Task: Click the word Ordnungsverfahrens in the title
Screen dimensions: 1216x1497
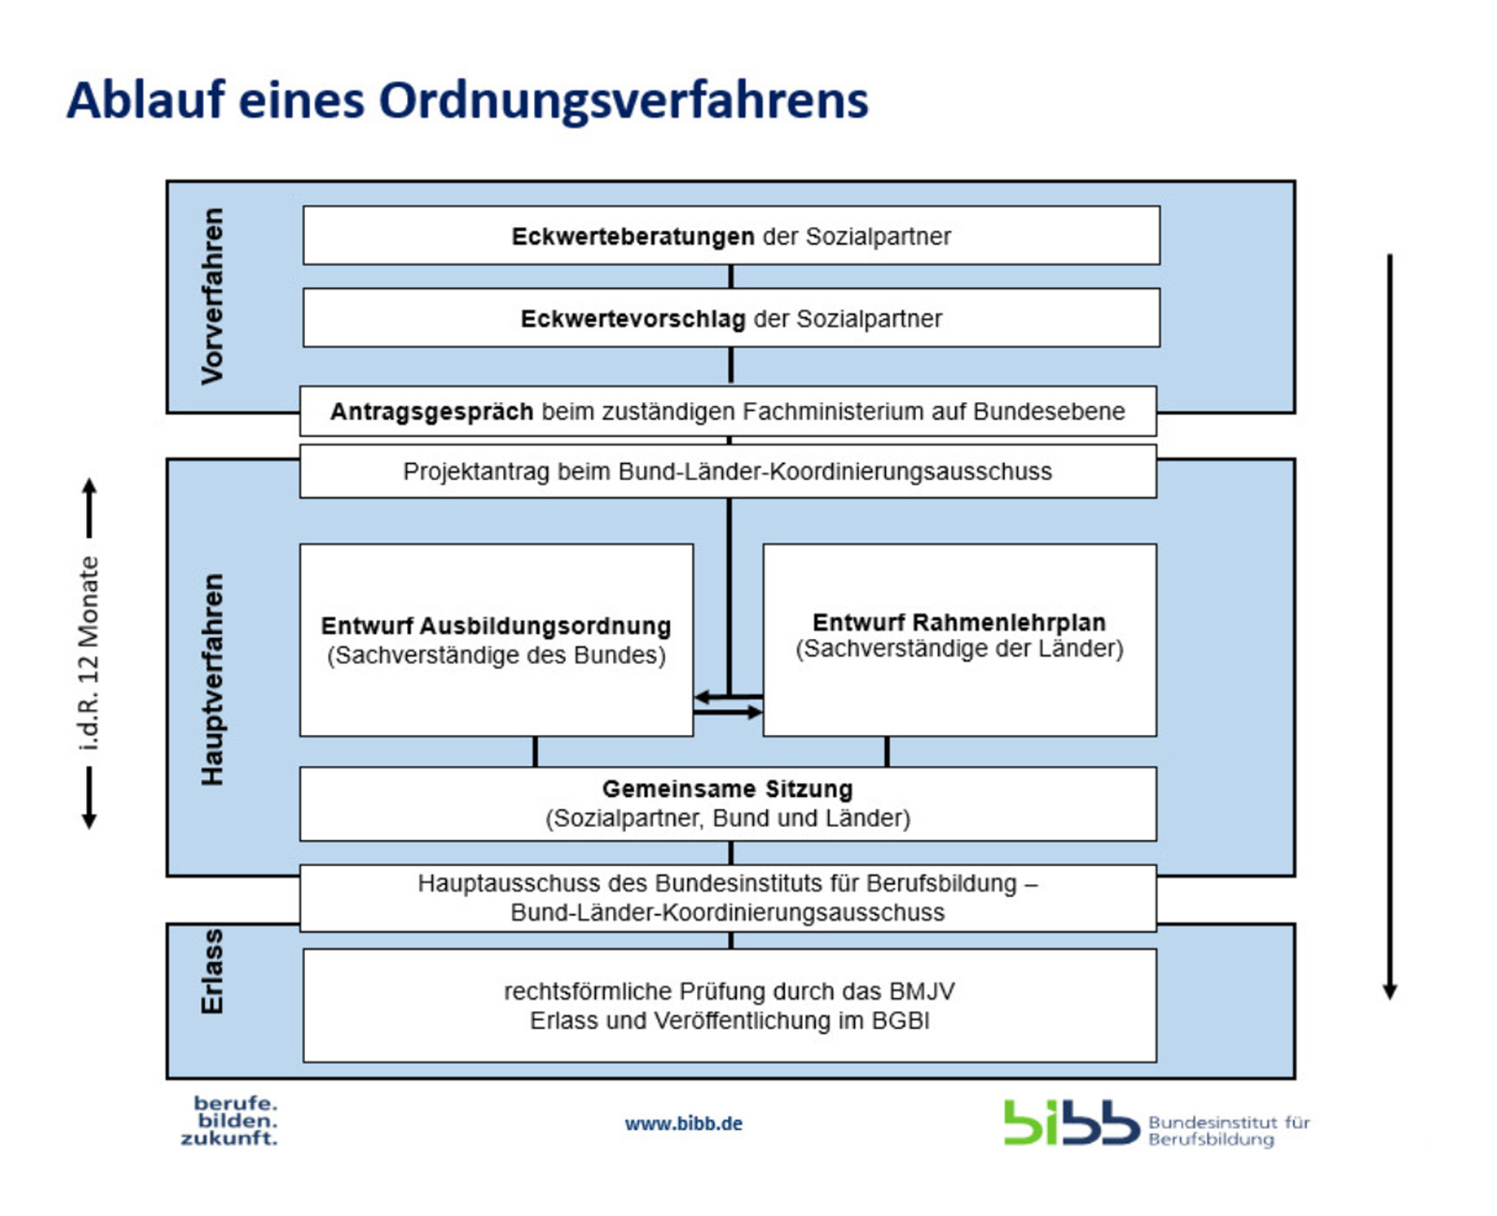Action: tap(623, 101)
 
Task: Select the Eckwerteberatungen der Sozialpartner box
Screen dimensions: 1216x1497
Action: tap(731, 236)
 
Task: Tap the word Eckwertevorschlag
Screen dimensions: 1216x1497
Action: tap(632, 319)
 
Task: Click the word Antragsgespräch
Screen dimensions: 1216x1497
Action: tap(431, 412)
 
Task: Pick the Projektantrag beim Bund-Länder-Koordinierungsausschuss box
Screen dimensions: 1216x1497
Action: tap(727, 471)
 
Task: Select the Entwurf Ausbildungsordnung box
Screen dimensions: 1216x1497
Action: tap(496, 640)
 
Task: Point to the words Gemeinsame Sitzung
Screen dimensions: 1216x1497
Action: tap(727, 789)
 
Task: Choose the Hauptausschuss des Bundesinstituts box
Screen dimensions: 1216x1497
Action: tap(727, 897)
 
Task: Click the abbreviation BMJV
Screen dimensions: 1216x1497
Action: tap(922, 992)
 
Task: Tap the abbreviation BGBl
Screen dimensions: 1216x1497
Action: tap(900, 1021)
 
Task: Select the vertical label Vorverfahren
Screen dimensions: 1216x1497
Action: tap(212, 296)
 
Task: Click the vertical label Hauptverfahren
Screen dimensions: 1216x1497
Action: tap(212, 679)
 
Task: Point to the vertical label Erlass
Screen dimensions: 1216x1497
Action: tap(212, 971)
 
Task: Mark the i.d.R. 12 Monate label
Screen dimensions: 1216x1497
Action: tap(89, 653)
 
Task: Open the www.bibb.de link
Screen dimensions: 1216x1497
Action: tap(683, 1123)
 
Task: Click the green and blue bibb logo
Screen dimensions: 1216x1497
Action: tap(1070, 1122)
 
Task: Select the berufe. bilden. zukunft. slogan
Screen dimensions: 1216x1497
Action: tap(230, 1121)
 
